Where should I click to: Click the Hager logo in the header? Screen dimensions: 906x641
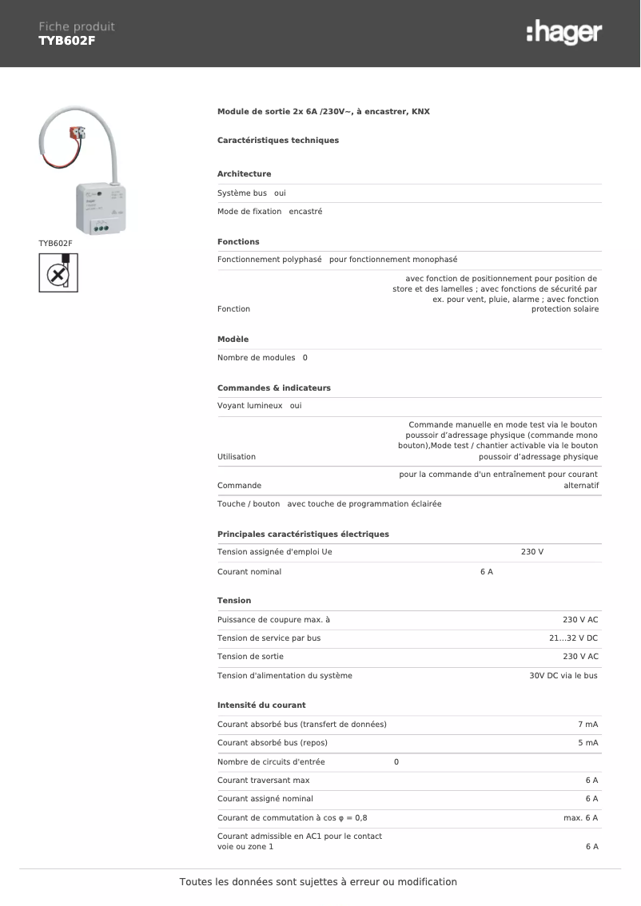564,33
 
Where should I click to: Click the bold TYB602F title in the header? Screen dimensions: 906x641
67,41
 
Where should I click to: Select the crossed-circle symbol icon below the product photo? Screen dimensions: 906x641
58,272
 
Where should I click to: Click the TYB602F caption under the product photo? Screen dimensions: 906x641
55,243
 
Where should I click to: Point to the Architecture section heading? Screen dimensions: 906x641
244,174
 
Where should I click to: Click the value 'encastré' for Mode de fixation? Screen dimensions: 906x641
305,212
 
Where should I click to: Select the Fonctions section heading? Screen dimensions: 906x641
238,242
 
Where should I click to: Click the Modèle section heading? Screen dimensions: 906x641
233,340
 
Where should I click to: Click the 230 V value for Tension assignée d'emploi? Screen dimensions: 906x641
532,553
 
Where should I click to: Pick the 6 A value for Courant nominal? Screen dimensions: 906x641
486,572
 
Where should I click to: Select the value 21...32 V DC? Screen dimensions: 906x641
573,638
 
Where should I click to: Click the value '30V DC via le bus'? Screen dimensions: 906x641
563,676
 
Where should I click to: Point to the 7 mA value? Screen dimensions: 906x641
587,725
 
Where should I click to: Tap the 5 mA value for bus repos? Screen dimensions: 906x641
587,743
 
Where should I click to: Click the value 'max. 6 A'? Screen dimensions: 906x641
580,818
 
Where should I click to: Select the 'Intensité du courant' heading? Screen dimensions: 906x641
261,705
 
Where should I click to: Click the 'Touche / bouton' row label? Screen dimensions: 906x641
249,504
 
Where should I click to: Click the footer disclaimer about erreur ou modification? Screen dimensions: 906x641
318,882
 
